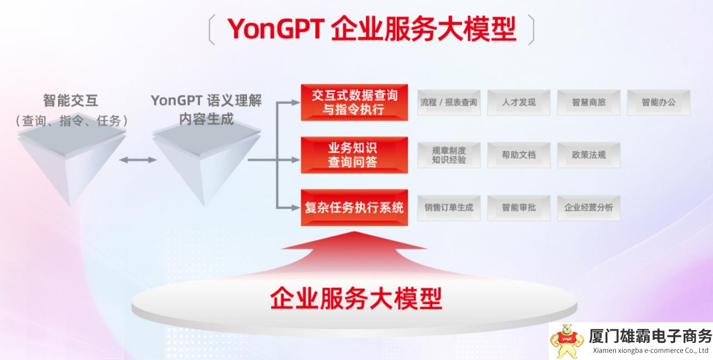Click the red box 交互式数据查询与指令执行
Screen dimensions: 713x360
click(354, 103)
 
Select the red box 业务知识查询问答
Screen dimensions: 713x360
click(354, 155)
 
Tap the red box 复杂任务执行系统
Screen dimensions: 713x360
click(354, 207)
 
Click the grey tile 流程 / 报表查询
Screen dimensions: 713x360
click(449, 103)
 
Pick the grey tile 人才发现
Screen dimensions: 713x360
click(519, 103)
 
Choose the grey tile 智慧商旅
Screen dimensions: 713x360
click(589, 103)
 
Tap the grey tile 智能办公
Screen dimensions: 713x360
click(659, 103)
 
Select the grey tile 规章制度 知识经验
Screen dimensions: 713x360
click(449, 155)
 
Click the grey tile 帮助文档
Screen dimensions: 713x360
click(519, 155)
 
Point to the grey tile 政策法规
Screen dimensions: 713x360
click(589, 155)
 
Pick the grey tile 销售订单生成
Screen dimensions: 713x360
click(449, 208)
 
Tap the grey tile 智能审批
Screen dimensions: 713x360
click(519, 208)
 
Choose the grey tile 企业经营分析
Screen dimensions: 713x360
click(589, 208)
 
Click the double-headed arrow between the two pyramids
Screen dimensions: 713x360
click(138, 160)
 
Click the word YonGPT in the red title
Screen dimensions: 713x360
click(276, 29)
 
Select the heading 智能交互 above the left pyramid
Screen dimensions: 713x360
click(70, 100)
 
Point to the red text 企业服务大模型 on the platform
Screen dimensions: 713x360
click(356, 298)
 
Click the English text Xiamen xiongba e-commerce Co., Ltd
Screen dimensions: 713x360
click(650, 351)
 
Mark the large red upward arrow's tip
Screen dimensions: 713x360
click(354, 231)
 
